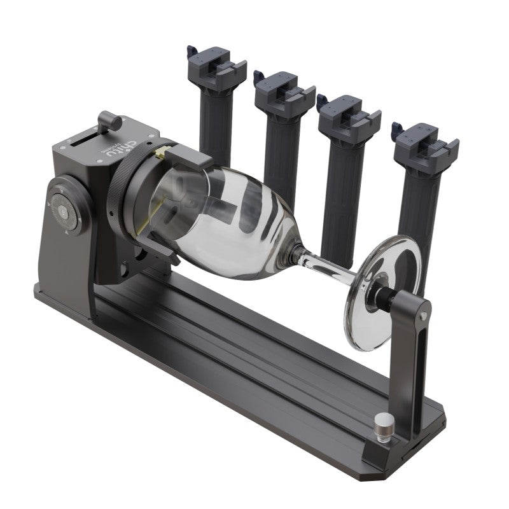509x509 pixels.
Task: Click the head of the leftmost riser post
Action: (216, 67)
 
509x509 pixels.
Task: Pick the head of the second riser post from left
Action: (283, 92)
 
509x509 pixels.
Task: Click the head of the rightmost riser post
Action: (424, 143)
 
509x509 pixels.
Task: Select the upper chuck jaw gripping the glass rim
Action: (188, 156)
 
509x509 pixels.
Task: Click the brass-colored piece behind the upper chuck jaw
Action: (164, 152)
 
